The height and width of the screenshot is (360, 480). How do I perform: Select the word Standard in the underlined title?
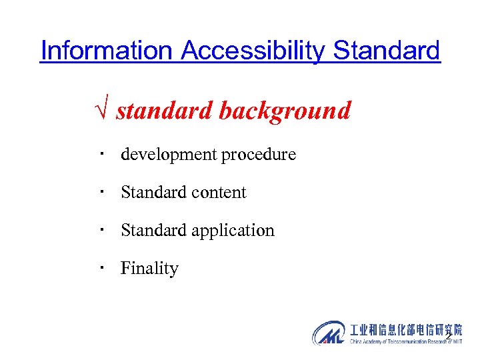(387, 50)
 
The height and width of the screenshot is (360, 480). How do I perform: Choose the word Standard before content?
(153, 193)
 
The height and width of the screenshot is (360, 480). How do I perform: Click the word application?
(233, 231)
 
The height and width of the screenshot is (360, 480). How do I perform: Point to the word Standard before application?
(153, 231)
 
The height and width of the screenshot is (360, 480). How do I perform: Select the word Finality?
(149, 269)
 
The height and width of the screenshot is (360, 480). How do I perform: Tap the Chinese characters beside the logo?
(405, 329)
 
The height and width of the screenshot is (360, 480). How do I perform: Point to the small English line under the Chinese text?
(405, 341)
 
